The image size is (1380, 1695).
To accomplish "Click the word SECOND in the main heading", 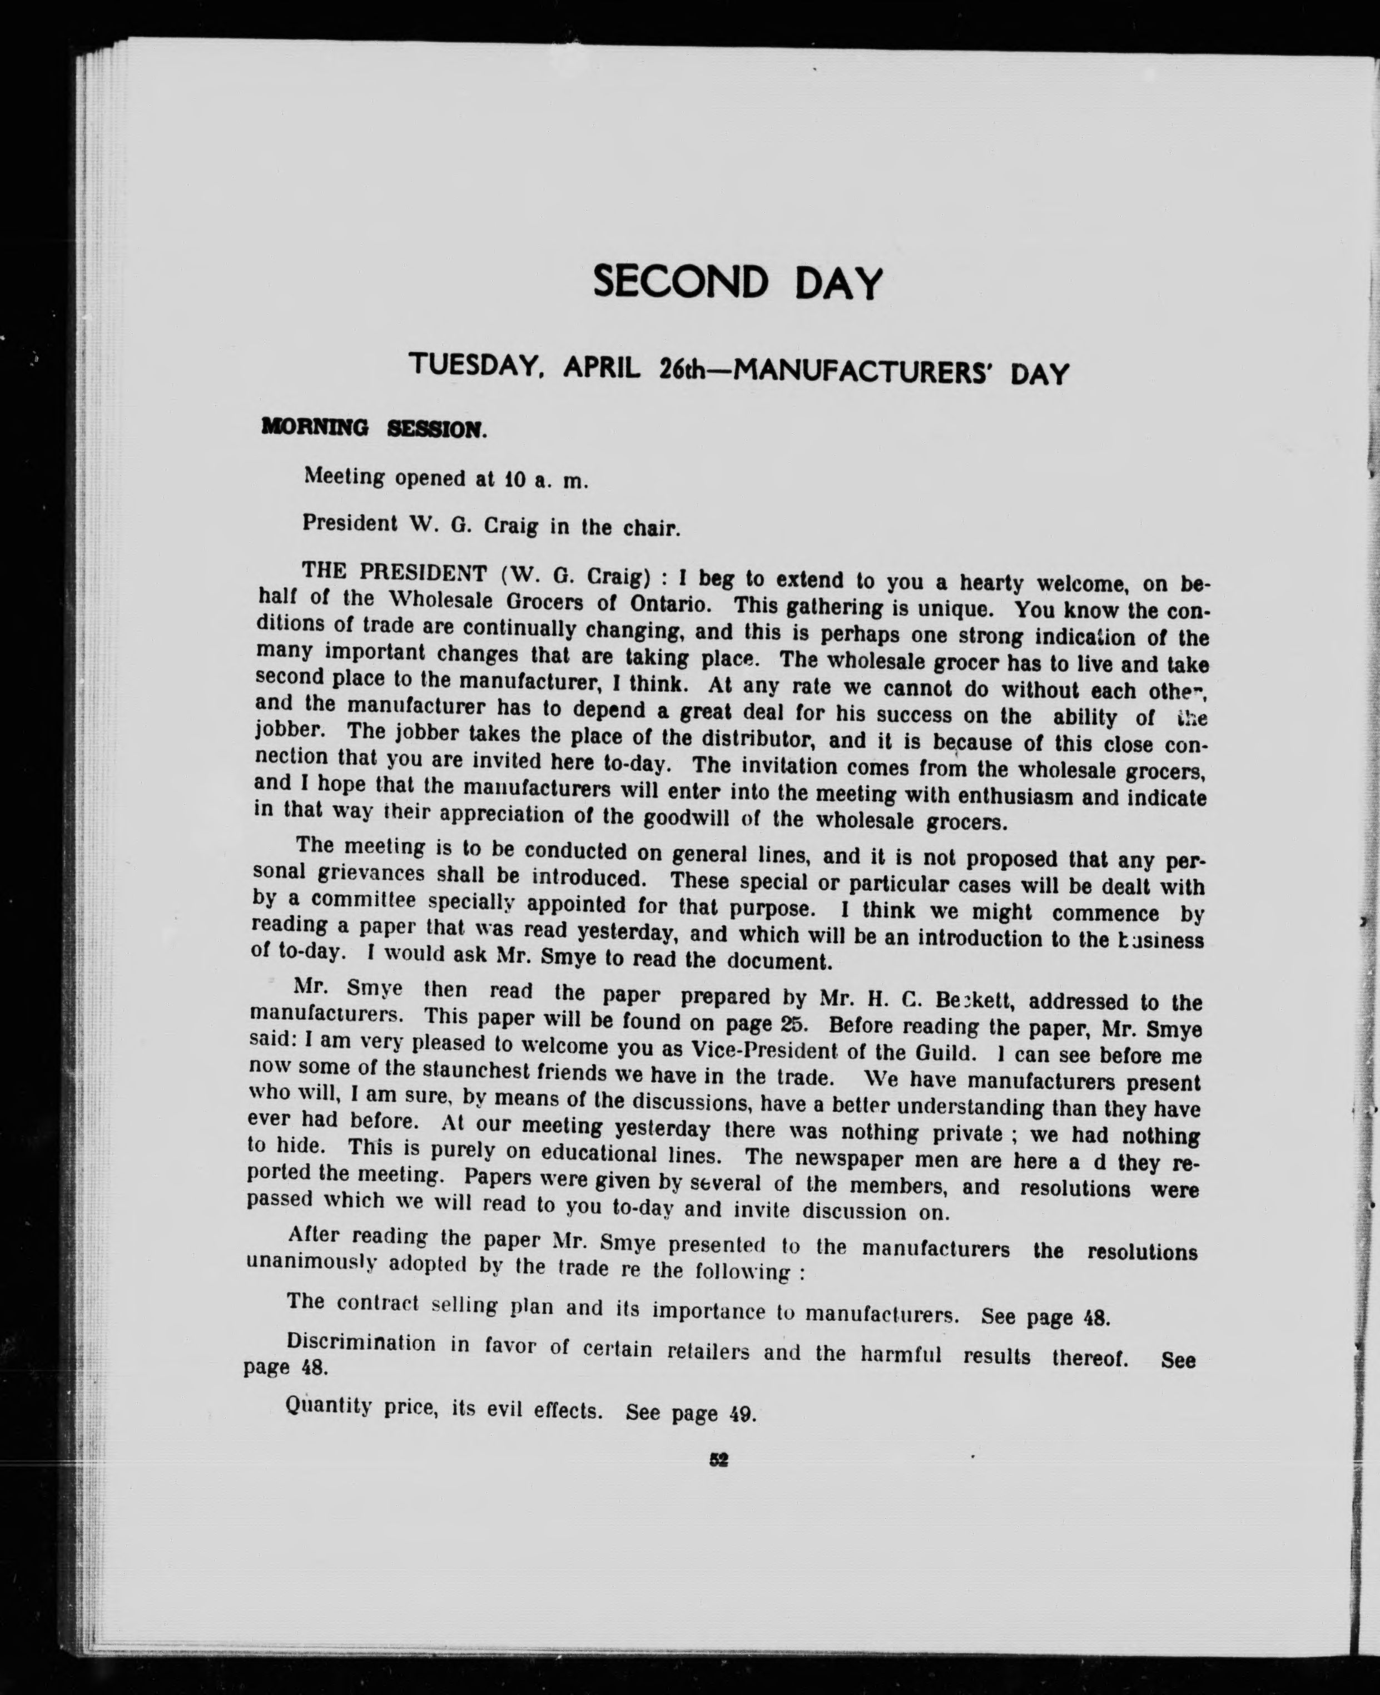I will (x=681, y=282).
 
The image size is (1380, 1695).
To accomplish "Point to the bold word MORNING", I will (x=315, y=428).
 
